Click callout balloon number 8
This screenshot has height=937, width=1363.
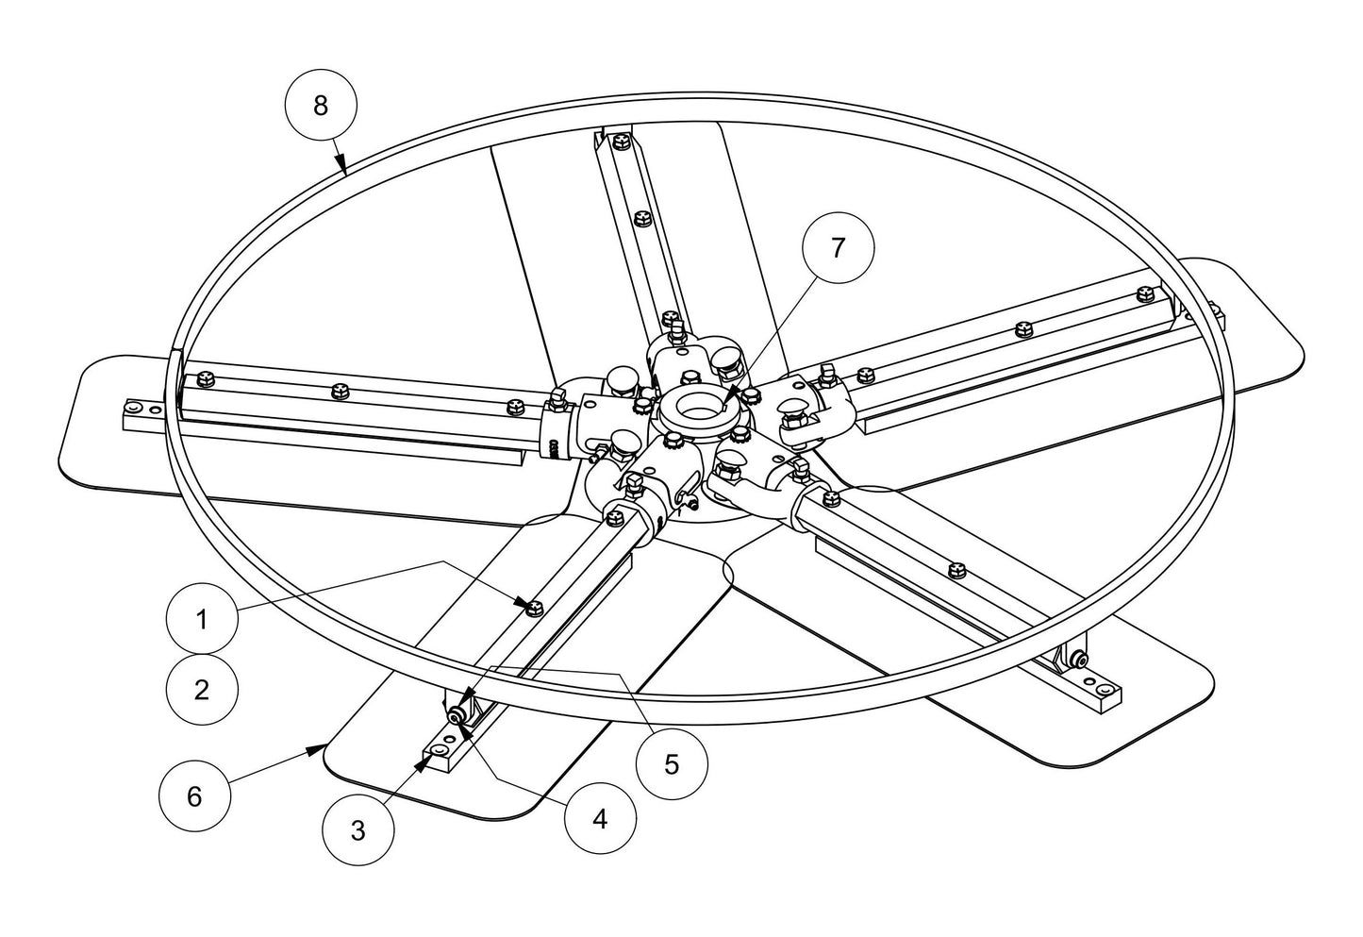(321, 105)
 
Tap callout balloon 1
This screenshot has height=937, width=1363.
(201, 620)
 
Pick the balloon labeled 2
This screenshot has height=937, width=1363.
(201, 689)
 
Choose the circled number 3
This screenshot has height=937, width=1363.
(357, 829)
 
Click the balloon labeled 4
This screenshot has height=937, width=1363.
(600, 818)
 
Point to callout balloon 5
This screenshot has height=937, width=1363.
(671, 763)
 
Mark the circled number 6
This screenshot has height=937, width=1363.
(194, 796)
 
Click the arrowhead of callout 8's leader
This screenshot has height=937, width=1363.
(345, 170)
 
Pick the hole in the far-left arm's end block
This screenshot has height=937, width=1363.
(134, 407)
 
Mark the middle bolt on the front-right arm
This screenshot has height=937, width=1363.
(956, 569)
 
